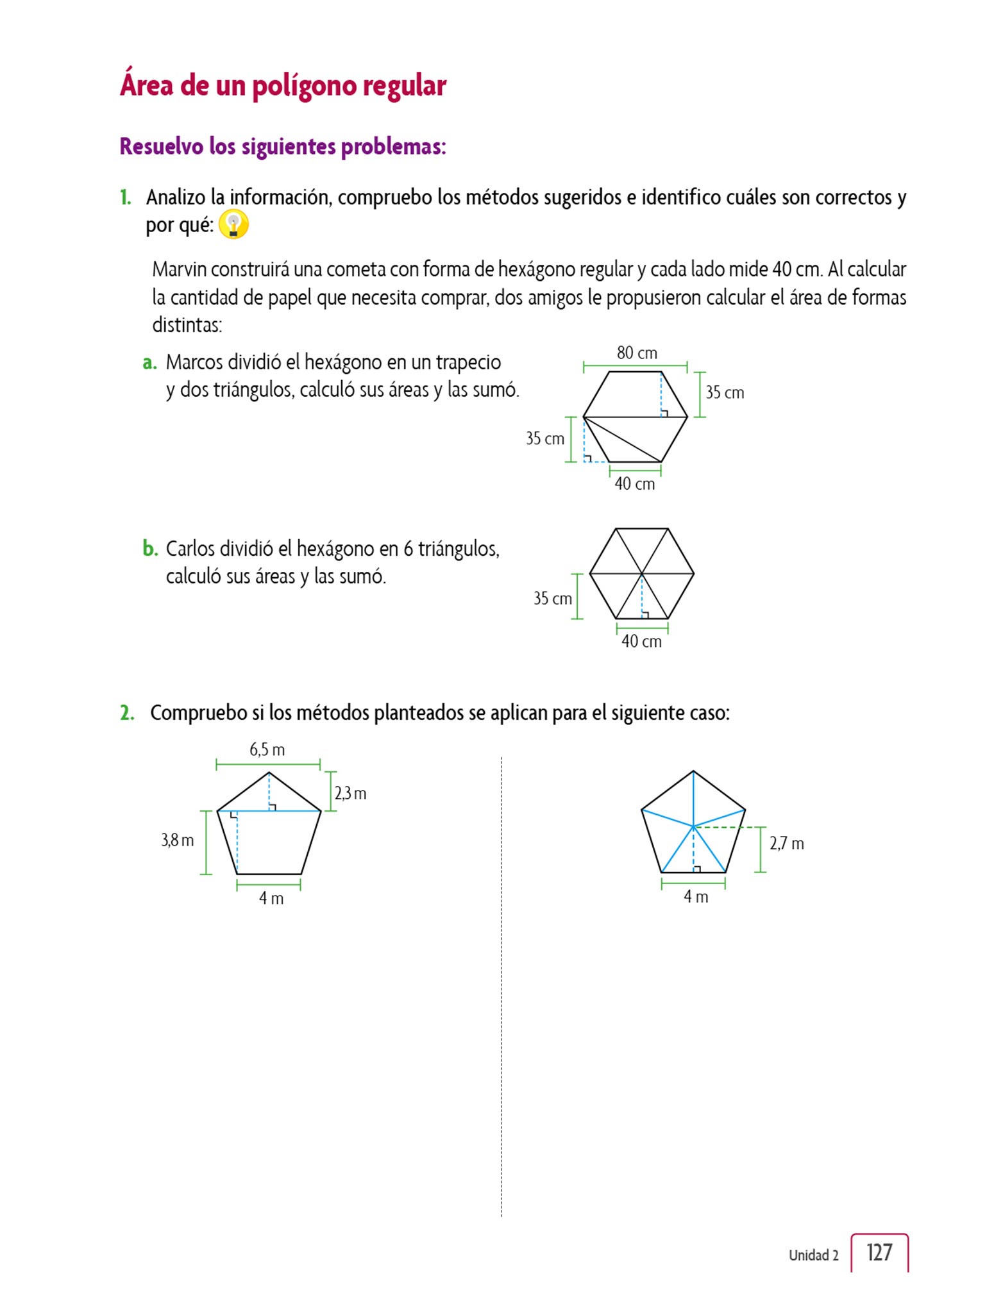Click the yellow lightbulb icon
click(233, 225)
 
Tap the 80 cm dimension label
click(637, 353)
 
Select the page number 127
click(879, 1252)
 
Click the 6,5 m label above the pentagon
click(267, 749)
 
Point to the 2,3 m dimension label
click(350, 793)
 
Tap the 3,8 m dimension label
click(178, 840)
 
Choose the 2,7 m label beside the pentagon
click(786, 843)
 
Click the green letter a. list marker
click(149, 363)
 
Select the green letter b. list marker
click(150, 549)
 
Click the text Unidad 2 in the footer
click(813, 1255)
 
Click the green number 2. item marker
click(127, 713)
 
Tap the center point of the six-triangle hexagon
click(642, 573)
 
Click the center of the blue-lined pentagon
click(693, 826)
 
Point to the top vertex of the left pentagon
click(269, 773)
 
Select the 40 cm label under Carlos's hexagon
click(641, 641)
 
